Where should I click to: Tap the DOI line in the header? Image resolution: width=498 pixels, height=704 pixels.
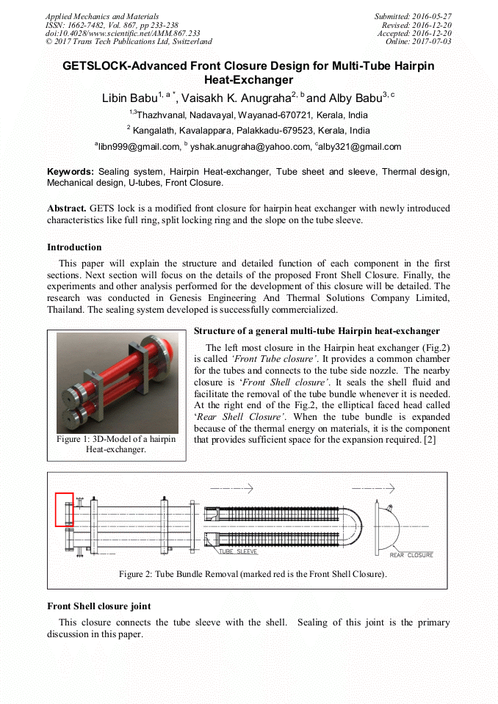click(x=123, y=33)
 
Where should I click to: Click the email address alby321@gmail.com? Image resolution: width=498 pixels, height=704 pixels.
click(x=360, y=147)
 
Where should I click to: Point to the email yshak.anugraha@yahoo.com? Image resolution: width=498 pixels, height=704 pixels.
click(x=250, y=147)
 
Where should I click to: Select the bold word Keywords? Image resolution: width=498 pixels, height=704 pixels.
click(x=71, y=172)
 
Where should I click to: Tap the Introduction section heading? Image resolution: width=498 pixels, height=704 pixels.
click(x=74, y=247)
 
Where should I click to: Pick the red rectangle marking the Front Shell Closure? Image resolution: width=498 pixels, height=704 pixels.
click(x=64, y=509)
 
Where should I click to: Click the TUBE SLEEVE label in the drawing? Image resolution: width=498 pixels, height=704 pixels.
click(x=237, y=551)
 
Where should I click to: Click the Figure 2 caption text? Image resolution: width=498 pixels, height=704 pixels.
click(x=252, y=574)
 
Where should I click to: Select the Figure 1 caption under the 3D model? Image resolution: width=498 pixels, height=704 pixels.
click(x=116, y=444)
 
